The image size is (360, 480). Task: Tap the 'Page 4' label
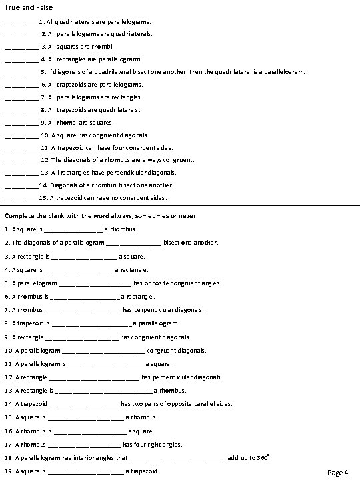[338, 473]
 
